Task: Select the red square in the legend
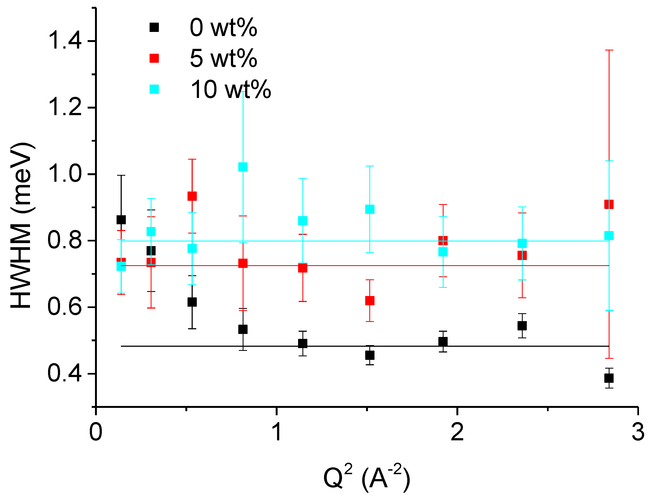(x=154, y=58)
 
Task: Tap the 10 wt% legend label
(x=230, y=89)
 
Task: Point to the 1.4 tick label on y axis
(x=64, y=41)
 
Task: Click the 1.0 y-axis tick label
(x=64, y=174)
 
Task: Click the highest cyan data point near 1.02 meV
(x=243, y=167)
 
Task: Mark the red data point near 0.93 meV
(x=192, y=196)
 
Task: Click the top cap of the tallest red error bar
(x=609, y=50)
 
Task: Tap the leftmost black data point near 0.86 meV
(x=121, y=220)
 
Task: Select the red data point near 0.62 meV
(x=370, y=301)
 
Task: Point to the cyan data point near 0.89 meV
(x=370, y=209)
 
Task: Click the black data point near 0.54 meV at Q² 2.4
(x=522, y=325)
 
